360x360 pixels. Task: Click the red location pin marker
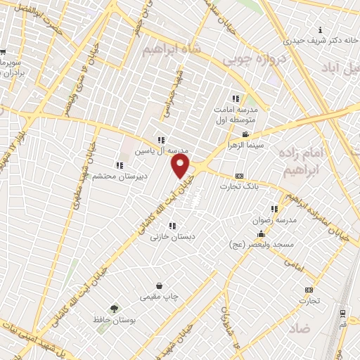coord(181,166)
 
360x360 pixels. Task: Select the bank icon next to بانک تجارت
coord(240,175)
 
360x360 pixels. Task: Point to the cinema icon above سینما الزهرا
coord(245,134)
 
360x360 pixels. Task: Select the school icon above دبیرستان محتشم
coord(119,165)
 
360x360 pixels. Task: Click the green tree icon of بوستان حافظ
coord(114,309)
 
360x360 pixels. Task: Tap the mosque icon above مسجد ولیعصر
coord(261,234)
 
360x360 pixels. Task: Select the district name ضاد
coord(300,328)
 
